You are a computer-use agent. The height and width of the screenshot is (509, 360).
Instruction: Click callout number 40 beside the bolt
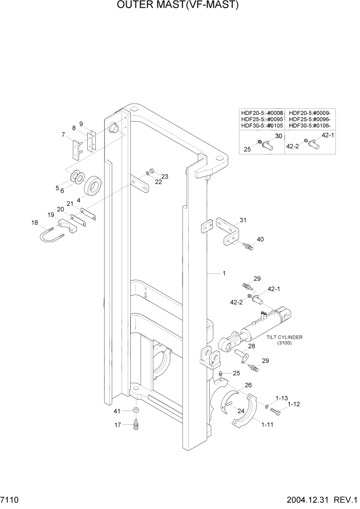260,239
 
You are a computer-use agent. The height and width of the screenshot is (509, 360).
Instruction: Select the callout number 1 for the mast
224,273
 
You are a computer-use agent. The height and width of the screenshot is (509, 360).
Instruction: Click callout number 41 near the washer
117,411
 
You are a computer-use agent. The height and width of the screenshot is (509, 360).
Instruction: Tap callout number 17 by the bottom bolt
117,424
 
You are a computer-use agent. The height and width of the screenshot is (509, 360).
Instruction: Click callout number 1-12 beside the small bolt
293,404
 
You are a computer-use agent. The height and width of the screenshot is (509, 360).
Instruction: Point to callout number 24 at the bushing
241,410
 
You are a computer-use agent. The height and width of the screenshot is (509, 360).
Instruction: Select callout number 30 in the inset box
278,136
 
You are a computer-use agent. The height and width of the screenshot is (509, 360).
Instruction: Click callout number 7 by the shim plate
63,135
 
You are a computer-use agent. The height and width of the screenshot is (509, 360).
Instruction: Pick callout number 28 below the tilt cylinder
252,346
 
